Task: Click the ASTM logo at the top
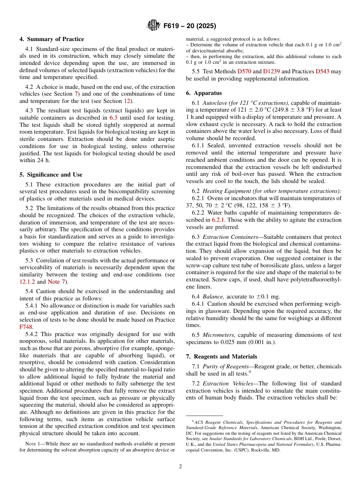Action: pos(154,26)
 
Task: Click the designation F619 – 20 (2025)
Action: pos(190,26)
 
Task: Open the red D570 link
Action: pos(244,71)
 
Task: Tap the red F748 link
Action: pos(25,326)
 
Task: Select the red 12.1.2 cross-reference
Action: pos(27,282)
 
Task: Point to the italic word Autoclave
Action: pos(215,103)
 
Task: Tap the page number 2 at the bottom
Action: pos(180,467)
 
